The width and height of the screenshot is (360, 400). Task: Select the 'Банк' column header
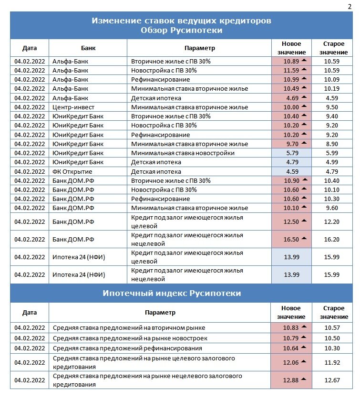[88, 48]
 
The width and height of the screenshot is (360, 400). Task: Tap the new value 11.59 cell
[291, 70]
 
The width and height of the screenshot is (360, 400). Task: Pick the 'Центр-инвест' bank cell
[70, 107]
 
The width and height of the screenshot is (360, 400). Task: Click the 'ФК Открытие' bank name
[72, 171]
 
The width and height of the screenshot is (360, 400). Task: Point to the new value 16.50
[291, 239]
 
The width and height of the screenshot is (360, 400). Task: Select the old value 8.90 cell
[331, 144]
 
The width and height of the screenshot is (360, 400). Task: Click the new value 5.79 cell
[291, 153]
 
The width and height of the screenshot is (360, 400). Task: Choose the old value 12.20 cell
[331, 222]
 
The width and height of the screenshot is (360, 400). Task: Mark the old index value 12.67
[331, 380]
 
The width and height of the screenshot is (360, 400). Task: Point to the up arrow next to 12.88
[303, 379]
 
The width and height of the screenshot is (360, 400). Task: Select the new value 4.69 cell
[291, 98]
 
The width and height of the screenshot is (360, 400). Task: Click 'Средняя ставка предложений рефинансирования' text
[127, 348]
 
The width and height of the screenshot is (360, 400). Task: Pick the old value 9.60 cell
[331, 208]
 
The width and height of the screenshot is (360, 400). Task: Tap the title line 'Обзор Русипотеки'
[181, 30]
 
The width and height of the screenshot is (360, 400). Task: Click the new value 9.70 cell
[291, 144]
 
